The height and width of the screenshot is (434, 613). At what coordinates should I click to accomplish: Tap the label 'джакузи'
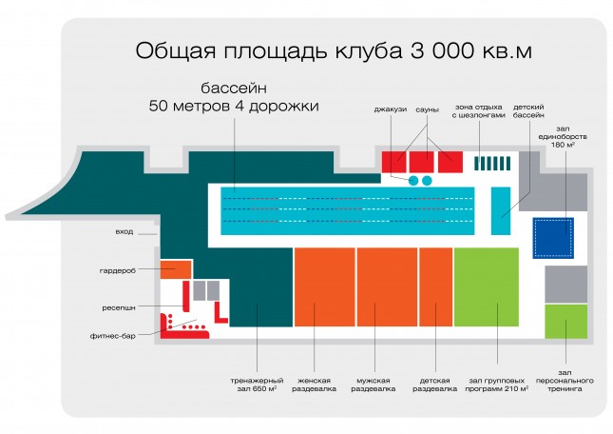pyautogui.click(x=391, y=110)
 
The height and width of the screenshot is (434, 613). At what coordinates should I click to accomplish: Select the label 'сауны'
pyautogui.click(x=427, y=110)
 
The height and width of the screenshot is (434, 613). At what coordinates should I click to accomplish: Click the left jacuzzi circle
pyautogui.click(x=413, y=181)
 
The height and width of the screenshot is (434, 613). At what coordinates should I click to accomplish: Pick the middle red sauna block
pyautogui.click(x=421, y=162)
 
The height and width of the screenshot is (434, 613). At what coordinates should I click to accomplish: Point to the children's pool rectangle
pyautogui.click(x=501, y=211)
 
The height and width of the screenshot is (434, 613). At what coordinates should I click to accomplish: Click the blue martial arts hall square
pyautogui.click(x=553, y=238)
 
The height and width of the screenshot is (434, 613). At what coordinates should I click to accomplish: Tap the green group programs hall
pyautogui.click(x=487, y=286)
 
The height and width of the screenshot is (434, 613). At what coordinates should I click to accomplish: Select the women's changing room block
pyautogui.click(x=324, y=286)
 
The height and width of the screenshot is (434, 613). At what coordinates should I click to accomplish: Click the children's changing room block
pyautogui.click(x=436, y=286)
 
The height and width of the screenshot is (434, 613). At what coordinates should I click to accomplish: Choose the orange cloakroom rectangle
pyautogui.click(x=176, y=269)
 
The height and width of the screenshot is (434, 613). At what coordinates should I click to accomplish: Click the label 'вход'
pyautogui.click(x=125, y=231)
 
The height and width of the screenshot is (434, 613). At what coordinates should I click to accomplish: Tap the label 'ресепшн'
pyautogui.click(x=119, y=307)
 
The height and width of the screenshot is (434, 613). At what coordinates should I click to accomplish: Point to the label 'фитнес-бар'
pyautogui.click(x=112, y=336)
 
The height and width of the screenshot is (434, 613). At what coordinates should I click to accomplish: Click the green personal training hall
pyautogui.click(x=566, y=322)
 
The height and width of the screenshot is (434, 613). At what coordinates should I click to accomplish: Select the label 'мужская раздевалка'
pyautogui.click(x=373, y=385)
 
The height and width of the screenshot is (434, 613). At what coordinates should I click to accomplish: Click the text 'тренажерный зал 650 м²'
pyautogui.click(x=257, y=385)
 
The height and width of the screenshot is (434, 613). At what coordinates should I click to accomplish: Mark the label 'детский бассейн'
pyautogui.click(x=528, y=110)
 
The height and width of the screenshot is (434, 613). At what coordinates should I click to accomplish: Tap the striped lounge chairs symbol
pyautogui.click(x=492, y=163)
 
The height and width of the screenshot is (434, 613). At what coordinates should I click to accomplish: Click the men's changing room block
pyautogui.click(x=387, y=286)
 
